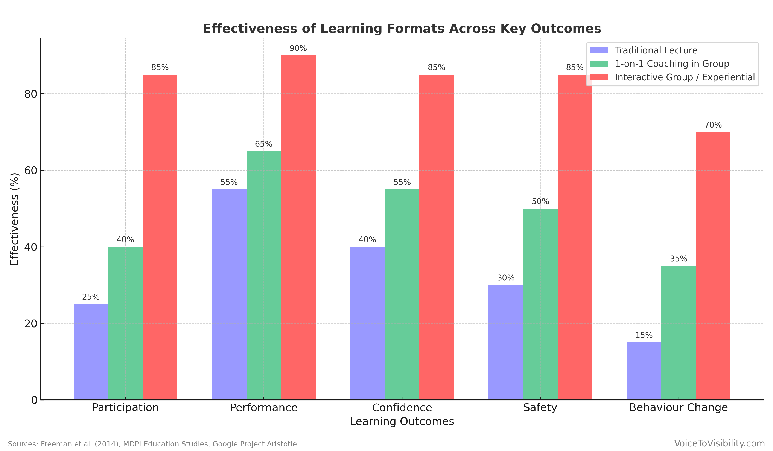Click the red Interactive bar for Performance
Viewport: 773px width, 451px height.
(298, 227)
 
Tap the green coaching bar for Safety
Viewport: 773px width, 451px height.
(540, 304)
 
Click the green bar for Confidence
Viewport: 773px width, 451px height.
(402, 294)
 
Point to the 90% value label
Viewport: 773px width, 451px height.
(298, 49)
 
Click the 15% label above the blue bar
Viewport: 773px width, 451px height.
(644, 335)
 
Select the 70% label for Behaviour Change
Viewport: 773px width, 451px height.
(713, 125)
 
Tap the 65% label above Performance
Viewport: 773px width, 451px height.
(263, 144)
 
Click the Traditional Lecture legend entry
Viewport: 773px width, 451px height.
(656, 50)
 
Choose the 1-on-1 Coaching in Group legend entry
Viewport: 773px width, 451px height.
(672, 64)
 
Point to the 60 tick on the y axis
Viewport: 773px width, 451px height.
(31, 171)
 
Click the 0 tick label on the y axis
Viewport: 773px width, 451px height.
(34, 400)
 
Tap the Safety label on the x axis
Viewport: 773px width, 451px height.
(540, 408)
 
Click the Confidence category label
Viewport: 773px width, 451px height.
(402, 408)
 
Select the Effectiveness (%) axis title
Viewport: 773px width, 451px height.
(14, 219)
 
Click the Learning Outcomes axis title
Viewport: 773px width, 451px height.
(402, 422)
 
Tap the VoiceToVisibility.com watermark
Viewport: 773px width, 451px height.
(719, 443)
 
